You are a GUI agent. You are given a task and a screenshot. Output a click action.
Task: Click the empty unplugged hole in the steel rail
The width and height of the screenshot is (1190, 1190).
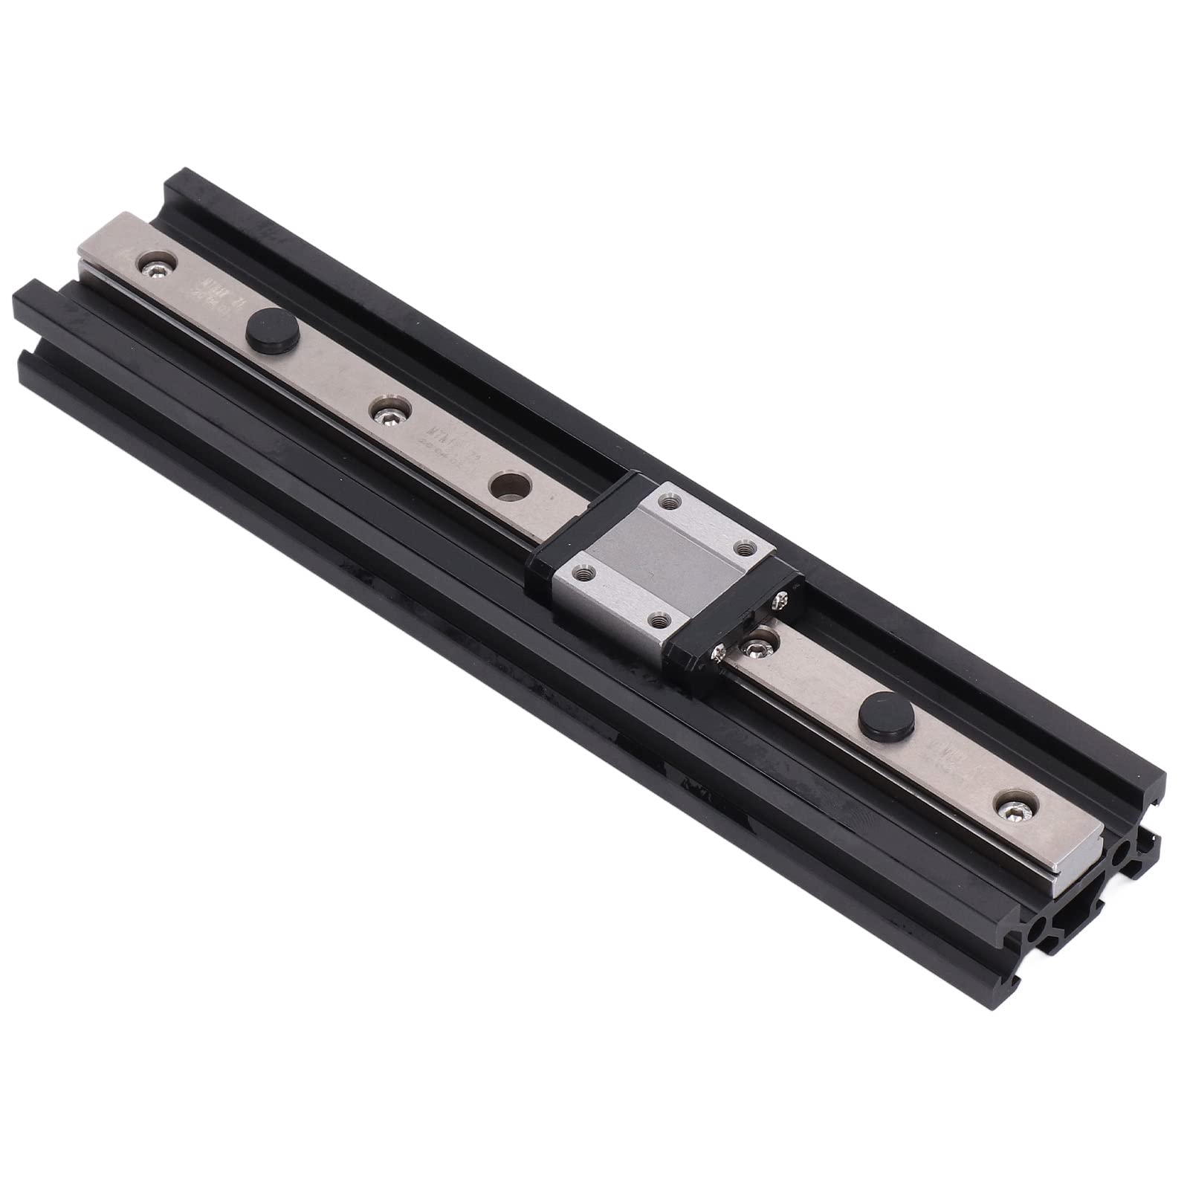509,484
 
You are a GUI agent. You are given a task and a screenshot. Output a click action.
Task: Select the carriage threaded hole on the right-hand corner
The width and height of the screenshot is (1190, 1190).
744,548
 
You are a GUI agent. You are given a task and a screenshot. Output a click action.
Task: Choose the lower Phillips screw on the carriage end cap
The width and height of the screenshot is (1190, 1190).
719,652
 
